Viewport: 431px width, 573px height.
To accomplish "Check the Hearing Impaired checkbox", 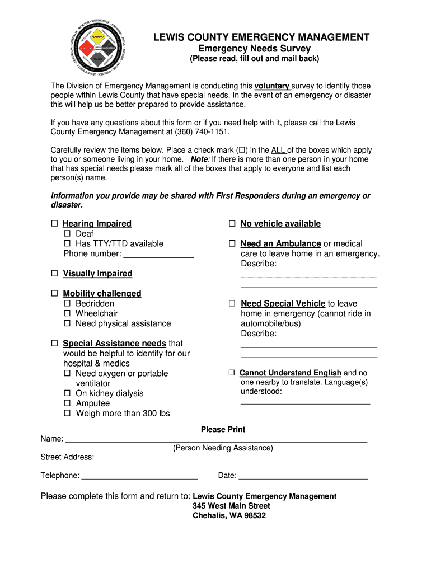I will point(55,224).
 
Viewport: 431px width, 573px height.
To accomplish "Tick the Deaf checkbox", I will point(67,234).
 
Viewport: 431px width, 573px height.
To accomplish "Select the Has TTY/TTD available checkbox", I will point(67,244).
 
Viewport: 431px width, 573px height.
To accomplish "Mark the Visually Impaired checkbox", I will point(55,274).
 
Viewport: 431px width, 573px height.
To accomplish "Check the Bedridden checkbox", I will point(67,304).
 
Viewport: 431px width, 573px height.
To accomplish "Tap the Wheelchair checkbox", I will point(67,314).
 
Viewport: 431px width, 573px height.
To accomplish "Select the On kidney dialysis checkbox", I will point(67,394).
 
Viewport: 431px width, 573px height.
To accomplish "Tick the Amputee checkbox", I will point(67,404).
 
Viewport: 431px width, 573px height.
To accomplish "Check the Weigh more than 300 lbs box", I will point(67,414).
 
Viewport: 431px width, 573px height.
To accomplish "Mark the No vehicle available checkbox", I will point(232,224).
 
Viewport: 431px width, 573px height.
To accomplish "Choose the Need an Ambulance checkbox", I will point(232,244).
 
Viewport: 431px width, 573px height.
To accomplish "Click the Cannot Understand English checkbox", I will point(232,373).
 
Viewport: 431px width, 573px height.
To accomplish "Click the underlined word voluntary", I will point(271,86).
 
